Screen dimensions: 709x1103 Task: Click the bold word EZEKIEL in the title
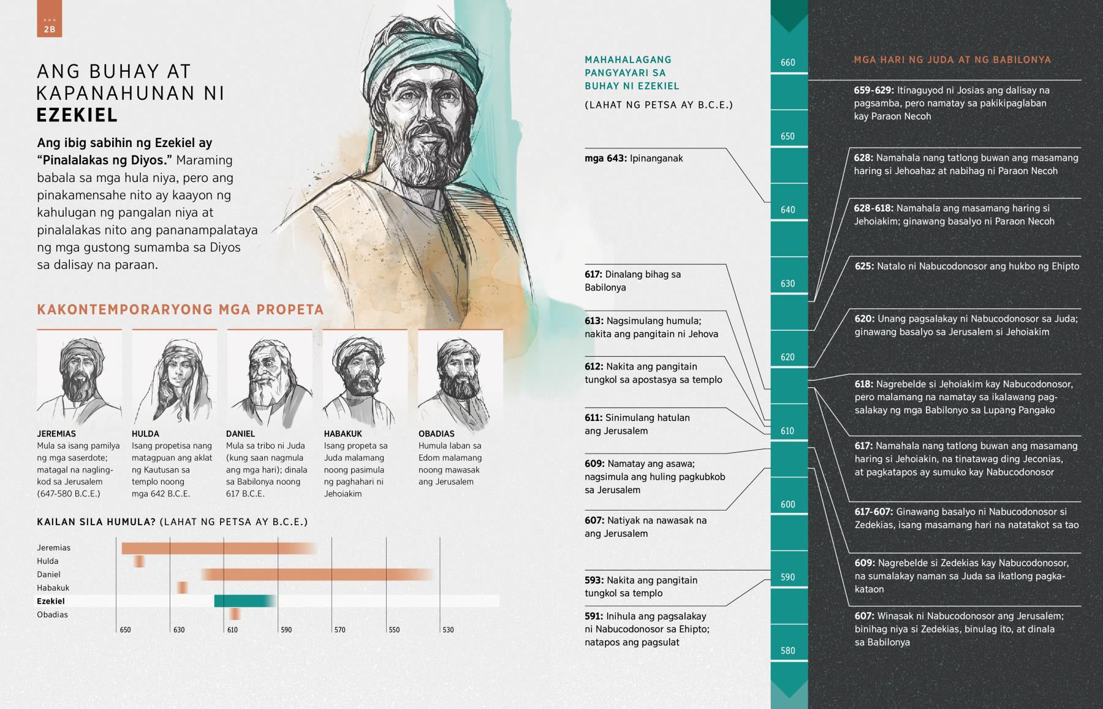[x=77, y=115]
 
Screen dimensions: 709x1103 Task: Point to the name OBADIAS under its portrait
[x=436, y=434]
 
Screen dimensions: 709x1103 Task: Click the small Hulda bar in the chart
[x=140, y=561]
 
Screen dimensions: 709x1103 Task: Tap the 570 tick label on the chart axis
[x=339, y=630]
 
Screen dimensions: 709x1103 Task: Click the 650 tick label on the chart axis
[x=125, y=630]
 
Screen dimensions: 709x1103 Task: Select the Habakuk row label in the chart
[x=53, y=588]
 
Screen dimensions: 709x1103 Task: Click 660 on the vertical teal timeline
[x=788, y=63]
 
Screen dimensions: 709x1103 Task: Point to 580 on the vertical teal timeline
[x=788, y=651]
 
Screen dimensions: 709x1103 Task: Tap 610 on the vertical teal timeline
[x=788, y=431]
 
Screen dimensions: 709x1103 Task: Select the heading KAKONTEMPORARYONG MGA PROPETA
[x=180, y=309]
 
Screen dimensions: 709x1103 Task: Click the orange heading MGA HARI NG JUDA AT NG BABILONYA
[x=952, y=60]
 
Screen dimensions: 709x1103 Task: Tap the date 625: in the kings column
[x=864, y=267]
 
